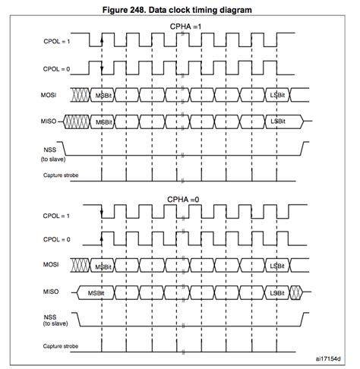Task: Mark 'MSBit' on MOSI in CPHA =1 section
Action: click(103, 94)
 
